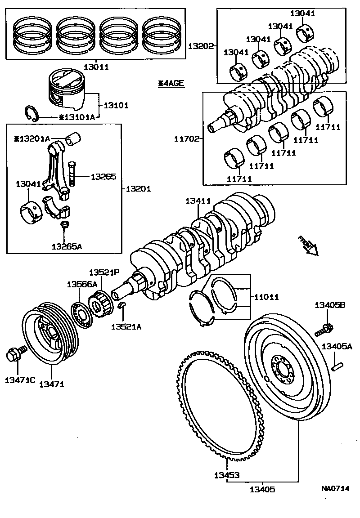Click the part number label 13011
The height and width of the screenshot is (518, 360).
[96, 67]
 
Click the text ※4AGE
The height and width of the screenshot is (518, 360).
[171, 83]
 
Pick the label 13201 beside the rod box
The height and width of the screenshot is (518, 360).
[138, 189]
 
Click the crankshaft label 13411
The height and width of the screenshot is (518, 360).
[199, 202]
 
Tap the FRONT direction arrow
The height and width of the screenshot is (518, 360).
[308, 246]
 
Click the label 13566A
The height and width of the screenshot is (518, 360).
[82, 284]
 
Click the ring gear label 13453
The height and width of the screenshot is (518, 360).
[226, 475]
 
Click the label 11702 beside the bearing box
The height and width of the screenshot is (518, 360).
[186, 139]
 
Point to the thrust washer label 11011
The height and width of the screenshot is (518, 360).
[266, 297]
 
